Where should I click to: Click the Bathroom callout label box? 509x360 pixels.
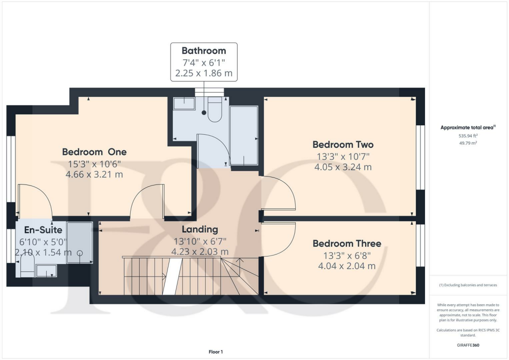click(204, 62)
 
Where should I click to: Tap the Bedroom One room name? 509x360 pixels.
click(94, 152)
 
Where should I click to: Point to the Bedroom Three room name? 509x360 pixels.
click(346, 243)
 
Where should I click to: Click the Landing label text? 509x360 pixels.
click(200, 229)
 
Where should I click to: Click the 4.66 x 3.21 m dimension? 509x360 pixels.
click(94, 175)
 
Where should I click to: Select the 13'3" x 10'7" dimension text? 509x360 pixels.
click(342, 156)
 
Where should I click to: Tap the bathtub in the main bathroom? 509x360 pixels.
click(244, 135)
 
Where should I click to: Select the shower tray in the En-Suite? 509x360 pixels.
click(80, 242)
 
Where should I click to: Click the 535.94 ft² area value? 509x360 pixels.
click(467, 135)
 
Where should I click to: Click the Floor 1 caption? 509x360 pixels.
click(215, 352)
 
